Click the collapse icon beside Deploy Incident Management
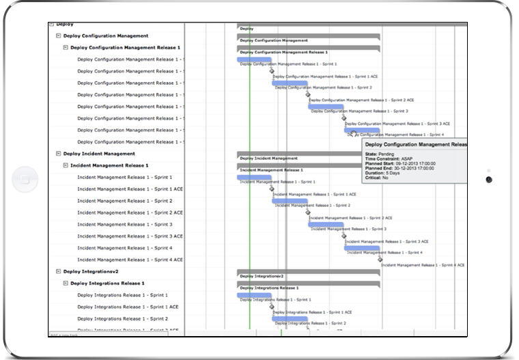click(58, 154)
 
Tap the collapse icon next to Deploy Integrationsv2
click(58, 271)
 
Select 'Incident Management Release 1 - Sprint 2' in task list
click(124, 201)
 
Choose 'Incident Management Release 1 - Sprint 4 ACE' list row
click(130, 260)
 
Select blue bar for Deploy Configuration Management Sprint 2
click(290, 83)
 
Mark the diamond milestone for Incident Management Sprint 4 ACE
click(380, 260)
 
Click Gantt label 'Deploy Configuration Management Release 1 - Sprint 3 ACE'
click(397, 124)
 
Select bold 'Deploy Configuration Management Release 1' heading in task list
click(126, 47)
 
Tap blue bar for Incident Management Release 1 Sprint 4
click(362, 248)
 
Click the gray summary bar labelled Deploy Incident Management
click(308, 154)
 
